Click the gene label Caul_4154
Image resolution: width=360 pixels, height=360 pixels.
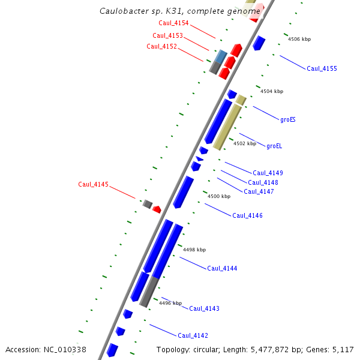click(173, 23)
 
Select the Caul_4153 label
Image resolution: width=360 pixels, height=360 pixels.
click(167, 35)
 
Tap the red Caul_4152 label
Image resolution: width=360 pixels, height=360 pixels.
click(161, 46)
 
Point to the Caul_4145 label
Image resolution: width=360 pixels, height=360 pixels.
click(93, 184)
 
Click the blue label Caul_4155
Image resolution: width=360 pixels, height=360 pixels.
click(322, 68)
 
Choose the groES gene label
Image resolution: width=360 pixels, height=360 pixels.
click(288, 119)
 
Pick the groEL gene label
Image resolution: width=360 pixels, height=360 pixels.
click(274, 145)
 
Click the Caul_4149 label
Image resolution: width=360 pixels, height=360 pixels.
click(268, 173)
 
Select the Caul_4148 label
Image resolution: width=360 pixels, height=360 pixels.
click(263, 182)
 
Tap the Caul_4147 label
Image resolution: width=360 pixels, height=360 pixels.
click(259, 191)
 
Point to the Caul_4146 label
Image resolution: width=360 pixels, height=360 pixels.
click(247, 215)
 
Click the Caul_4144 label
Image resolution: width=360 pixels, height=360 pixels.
click(222, 268)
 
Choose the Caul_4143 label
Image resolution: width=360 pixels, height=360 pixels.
click(204, 308)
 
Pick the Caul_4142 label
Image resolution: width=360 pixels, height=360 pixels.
click(193, 335)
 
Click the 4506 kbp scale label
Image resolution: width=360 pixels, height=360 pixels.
click(299, 39)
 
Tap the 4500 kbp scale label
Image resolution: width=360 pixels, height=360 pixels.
click(218, 196)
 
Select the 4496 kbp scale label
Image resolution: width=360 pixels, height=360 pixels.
click(170, 303)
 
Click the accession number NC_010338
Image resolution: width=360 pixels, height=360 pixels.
click(65, 349)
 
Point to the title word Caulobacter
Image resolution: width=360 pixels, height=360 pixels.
click(125, 11)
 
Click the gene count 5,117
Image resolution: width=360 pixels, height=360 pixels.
click(343, 349)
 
